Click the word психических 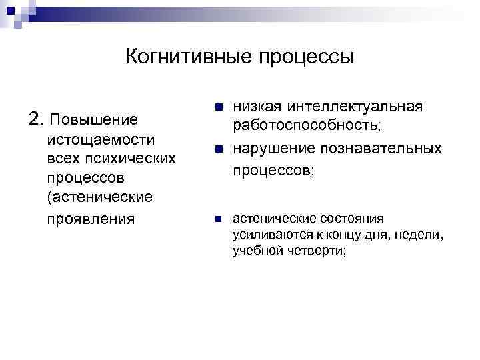click(x=139, y=159)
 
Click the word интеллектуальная click(x=356, y=107)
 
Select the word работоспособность click(x=305, y=127)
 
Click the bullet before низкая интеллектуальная click(x=217, y=107)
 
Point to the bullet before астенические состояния click(x=217, y=219)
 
